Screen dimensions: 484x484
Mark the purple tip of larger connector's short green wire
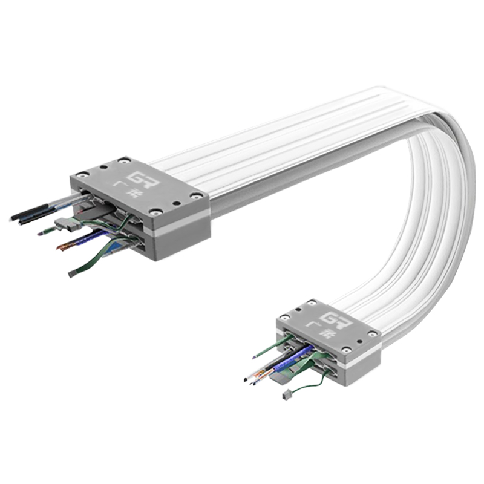(41, 233)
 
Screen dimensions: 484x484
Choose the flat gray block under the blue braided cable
(281, 378)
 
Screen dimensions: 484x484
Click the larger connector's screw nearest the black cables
(82, 175)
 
